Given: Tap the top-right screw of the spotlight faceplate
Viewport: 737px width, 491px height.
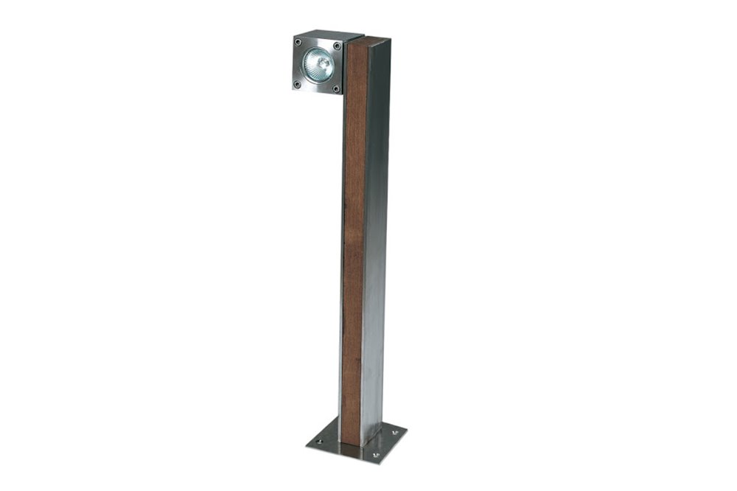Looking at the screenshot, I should tap(337, 46).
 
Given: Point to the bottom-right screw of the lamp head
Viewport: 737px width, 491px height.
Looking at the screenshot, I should tap(336, 88).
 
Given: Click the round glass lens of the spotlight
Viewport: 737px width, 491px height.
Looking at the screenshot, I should tap(318, 64).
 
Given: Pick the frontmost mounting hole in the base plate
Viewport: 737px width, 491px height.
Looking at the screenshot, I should tap(375, 456).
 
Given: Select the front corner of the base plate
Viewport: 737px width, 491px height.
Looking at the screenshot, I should tap(379, 464).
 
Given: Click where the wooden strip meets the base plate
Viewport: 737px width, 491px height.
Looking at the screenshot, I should tap(352, 445).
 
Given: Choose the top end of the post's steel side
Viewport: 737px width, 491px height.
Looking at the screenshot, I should tap(377, 46).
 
